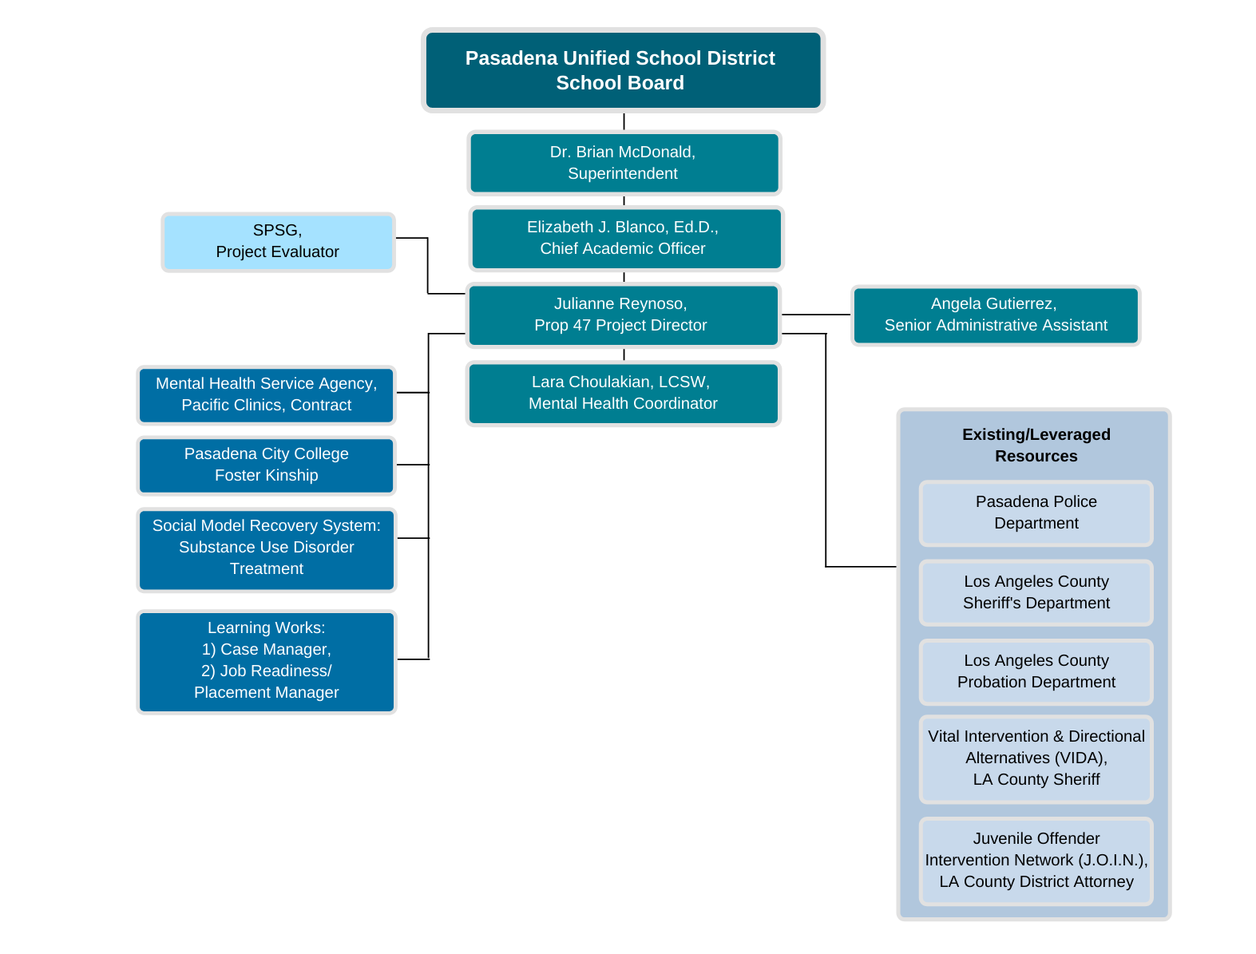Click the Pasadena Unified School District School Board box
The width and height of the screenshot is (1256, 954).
coord(623,70)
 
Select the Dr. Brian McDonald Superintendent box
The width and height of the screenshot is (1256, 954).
coord(623,163)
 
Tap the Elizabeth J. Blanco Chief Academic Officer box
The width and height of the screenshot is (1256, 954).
coord(626,238)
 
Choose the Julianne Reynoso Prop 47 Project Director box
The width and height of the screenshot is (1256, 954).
coord(623,315)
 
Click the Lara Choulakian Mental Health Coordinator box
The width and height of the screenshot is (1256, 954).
coord(623,393)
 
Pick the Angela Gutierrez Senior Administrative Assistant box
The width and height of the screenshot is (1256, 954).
coord(995,315)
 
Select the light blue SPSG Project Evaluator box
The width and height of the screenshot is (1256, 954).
coord(278,241)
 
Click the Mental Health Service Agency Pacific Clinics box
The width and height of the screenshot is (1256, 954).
coord(266,394)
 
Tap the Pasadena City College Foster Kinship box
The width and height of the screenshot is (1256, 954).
coord(266,465)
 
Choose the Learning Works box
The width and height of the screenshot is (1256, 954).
coord(266,661)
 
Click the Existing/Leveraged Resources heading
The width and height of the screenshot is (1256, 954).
coord(1036,445)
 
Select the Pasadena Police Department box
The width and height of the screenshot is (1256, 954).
coord(1036,513)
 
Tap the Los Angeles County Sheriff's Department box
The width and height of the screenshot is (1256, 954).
coord(1036,592)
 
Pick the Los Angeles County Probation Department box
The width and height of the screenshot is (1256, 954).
coord(1036,671)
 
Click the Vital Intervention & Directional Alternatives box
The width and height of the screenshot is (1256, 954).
coord(1036,758)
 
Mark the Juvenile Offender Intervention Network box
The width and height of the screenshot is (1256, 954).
coord(1036,861)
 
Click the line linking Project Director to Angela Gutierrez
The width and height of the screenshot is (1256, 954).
coord(815,315)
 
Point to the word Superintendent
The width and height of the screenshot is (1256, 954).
coord(623,174)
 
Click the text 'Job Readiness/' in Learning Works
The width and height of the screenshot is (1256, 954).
coord(266,671)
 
